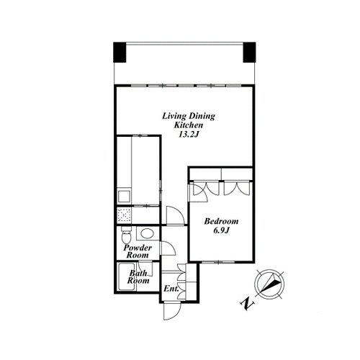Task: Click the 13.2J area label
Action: (189, 135)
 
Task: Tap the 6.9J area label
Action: (222, 230)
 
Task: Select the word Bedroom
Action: (221, 221)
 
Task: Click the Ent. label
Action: (171, 289)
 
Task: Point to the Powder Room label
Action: (138, 251)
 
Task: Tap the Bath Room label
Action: (138, 276)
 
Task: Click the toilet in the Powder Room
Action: (126, 235)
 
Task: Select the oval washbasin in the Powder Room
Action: (147, 233)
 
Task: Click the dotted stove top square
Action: (125, 215)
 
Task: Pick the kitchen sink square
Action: (124, 197)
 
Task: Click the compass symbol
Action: (269, 284)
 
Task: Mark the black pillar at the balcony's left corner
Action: (120, 53)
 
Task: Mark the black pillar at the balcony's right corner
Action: (249, 53)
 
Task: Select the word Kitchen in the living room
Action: (189, 125)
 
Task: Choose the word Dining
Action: (202, 116)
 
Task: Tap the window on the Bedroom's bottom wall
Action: (218, 262)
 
